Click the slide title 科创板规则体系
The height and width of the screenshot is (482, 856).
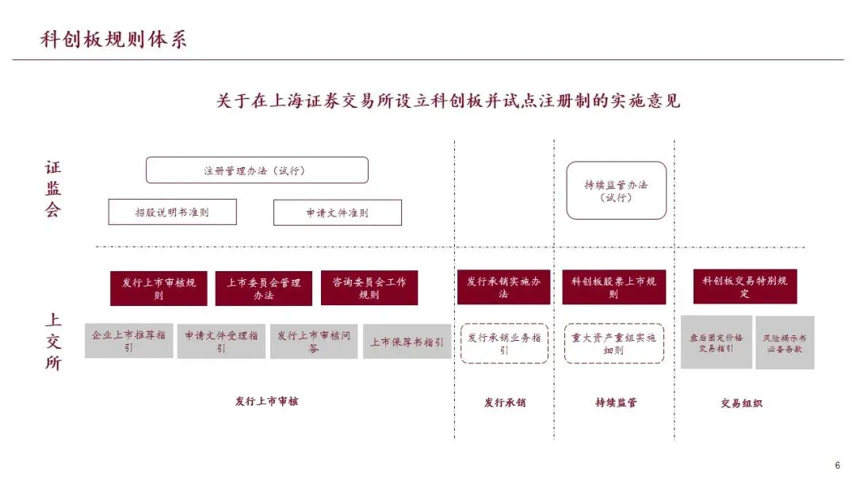pyautogui.click(x=114, y=40)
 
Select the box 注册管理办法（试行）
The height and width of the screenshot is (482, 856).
pyautogui.click(x=257, y=170)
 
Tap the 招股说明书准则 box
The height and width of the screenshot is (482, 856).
pyautogui.click(x=172, y=212)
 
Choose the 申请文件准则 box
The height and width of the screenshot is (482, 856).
pyautogui.click(x=337, y=212)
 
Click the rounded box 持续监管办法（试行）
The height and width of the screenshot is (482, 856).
pyautogui.click(x=616, y=190)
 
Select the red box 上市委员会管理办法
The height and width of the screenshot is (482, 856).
pyautogui.click(x=263, y=289)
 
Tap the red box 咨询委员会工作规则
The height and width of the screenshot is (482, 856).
pyautogui.click(x=369, y=289)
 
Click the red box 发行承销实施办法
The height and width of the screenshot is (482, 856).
pyautogui.click(x=503, y=288)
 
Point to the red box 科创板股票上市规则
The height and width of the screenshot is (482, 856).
pyautogui.click(x=613, y=288)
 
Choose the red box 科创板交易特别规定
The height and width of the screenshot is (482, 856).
pyautogui.click(x=744, y=287)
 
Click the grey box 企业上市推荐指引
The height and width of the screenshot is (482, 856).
pyautogui.click(x=128, y=341)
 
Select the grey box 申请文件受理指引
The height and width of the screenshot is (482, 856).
pyautogui.click(x=221, y=341)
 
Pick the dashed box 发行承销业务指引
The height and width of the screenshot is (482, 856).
pyautogui.click(x=504, y=343)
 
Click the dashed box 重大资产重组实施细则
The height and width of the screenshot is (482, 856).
pyautogui.click(x=613, y=343)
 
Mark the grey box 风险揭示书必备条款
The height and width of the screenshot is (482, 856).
pyautogui.click(x=784, y=342)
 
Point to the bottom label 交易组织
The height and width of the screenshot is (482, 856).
pyautogui.click(x=741, y=403)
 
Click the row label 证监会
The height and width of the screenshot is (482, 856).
pyautogui.click(x=52, y=189)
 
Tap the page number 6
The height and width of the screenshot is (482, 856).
pyautogui.click(x=837, y=465)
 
